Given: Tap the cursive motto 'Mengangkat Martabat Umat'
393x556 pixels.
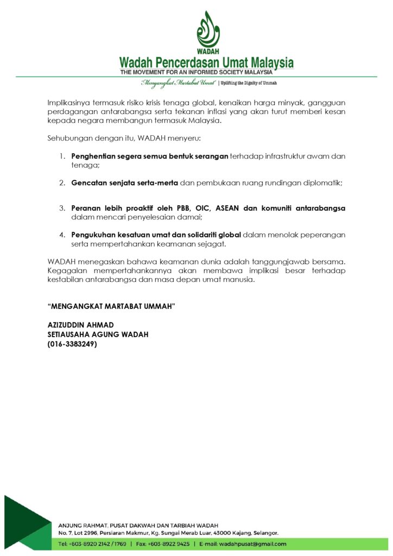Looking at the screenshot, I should coord(178,83).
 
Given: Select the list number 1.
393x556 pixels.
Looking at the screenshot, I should coord(62,156).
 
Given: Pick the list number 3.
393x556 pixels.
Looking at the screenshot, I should coord(62,208).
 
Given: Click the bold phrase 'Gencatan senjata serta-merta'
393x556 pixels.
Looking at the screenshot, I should coord(124,182).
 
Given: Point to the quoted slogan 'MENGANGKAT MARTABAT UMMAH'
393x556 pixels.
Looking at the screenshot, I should coord(112,307).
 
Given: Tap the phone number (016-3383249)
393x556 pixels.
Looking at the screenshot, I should coord(72,344).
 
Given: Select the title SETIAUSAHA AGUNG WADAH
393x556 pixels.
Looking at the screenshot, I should coord(98,334).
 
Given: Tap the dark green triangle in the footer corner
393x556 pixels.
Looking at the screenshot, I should coord(22,521).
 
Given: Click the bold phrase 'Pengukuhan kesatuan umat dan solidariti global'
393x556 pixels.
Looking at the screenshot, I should coord(156,235).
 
